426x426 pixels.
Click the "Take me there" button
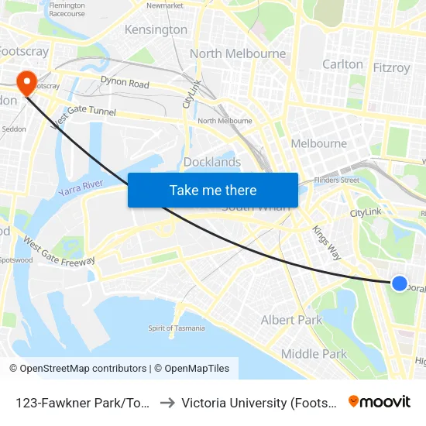(x=213, y=190)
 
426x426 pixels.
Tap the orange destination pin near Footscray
(x=26, y=82)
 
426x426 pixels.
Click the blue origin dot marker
(x=399, y=283)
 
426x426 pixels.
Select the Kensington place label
(x=156, y=29)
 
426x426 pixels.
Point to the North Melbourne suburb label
(x=238, y=54)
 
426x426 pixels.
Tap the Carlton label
(x=342, y=64)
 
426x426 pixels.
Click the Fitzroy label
(x=391, y=67)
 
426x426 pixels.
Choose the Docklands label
(x=212, y=162)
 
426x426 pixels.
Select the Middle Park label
(x=314, y=354)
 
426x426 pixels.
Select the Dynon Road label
(x=124, y=83)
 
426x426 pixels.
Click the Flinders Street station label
(x=338, y=180)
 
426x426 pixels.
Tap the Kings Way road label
(x=326, y=241)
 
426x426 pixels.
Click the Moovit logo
(x=380, y=401)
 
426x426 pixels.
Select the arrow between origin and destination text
(x=167, y=402)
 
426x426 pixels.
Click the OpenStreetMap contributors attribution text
(x=77, y=369)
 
